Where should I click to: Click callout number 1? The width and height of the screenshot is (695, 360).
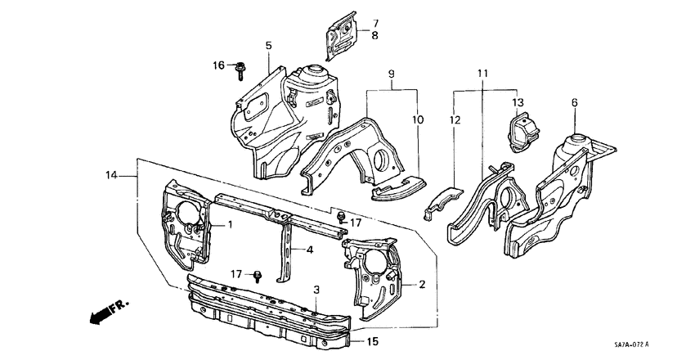point(231,224)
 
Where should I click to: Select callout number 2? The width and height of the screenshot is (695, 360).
point(422,285)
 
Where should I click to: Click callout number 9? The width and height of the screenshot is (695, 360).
point(392,74)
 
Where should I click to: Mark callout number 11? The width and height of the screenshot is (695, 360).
point(483,74)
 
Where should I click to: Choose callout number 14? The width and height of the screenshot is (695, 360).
point(112,174)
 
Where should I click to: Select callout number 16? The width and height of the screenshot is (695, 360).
point(218,65)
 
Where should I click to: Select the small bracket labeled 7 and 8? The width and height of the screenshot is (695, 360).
point(340,35)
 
